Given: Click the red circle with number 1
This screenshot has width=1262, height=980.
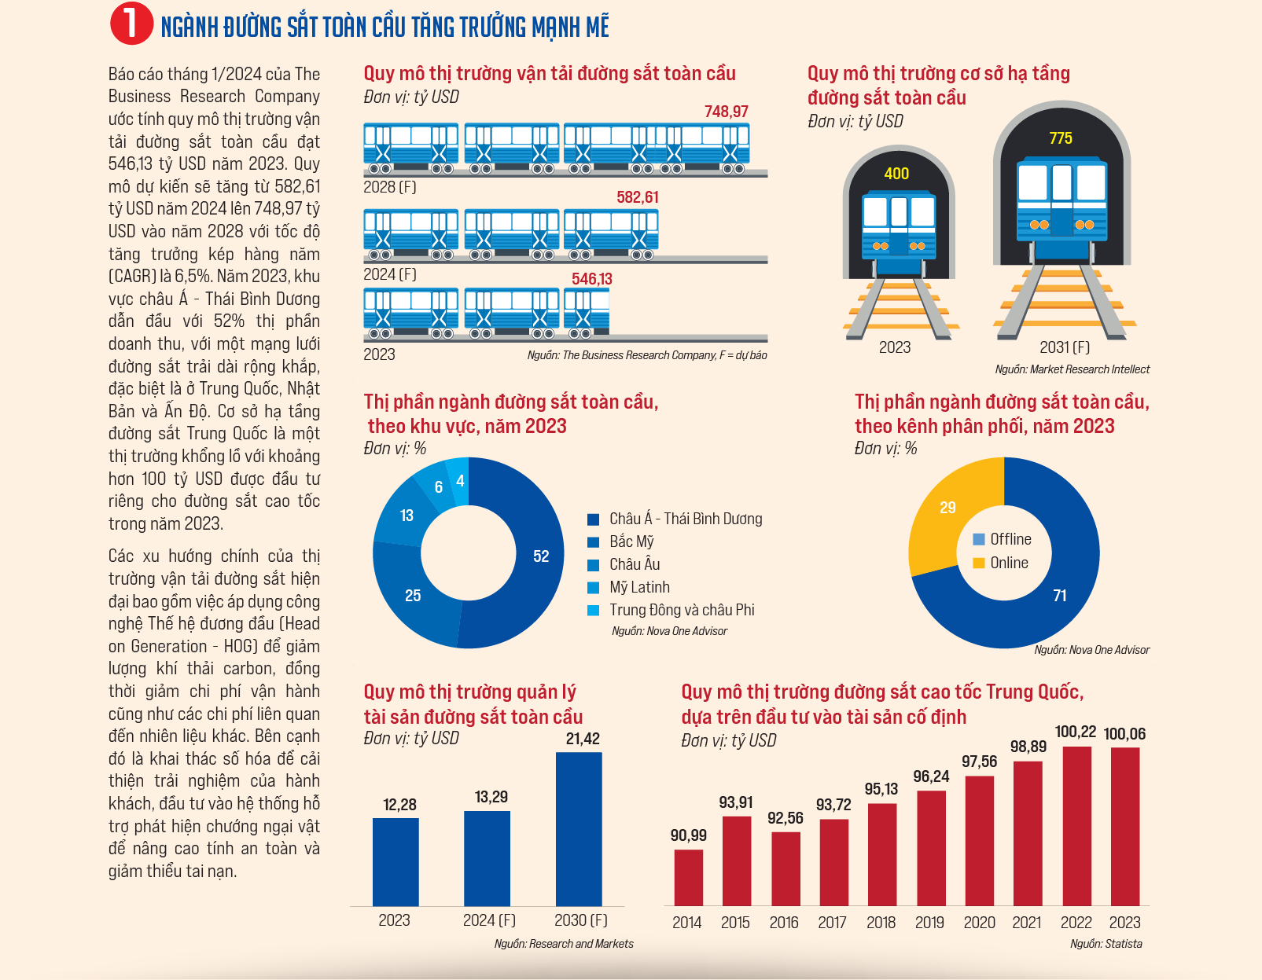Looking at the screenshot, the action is [131, 24].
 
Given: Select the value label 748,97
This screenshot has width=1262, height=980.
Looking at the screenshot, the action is [726, 112].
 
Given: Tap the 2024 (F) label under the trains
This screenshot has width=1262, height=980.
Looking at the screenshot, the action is [390, 273].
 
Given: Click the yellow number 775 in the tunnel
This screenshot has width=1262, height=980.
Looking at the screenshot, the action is [1061, 138].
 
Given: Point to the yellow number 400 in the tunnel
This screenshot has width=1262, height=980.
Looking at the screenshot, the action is [896, 174].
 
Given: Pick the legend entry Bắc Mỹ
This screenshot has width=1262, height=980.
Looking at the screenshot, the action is [620, 541].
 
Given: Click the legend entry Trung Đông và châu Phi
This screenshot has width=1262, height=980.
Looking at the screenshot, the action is [671, 610].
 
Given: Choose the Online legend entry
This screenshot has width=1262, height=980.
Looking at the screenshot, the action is [1001, 563].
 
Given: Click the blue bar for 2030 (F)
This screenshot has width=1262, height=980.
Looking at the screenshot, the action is [579, 829].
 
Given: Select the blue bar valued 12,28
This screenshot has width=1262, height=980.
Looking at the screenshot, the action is [396, 862].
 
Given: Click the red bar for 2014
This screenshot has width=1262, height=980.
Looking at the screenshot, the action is [689, 878].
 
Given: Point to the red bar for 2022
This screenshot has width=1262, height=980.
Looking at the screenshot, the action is [1076, 826].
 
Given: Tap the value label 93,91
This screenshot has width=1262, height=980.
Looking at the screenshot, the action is [736, 802].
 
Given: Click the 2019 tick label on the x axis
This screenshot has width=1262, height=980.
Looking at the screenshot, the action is [929, 923].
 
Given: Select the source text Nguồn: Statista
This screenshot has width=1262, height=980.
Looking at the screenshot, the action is [1106, 944].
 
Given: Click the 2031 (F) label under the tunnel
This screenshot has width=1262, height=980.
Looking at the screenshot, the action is [1064, 347].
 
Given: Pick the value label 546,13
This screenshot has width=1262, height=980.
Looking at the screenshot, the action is [592, 279].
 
